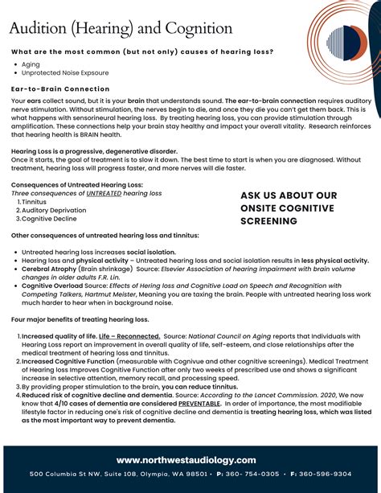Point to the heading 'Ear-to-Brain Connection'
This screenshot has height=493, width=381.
click(x=61, y=88)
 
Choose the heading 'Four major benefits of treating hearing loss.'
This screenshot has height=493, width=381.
click(x=81, y=320)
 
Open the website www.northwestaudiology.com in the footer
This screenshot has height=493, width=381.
click(x=186, y=460)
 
